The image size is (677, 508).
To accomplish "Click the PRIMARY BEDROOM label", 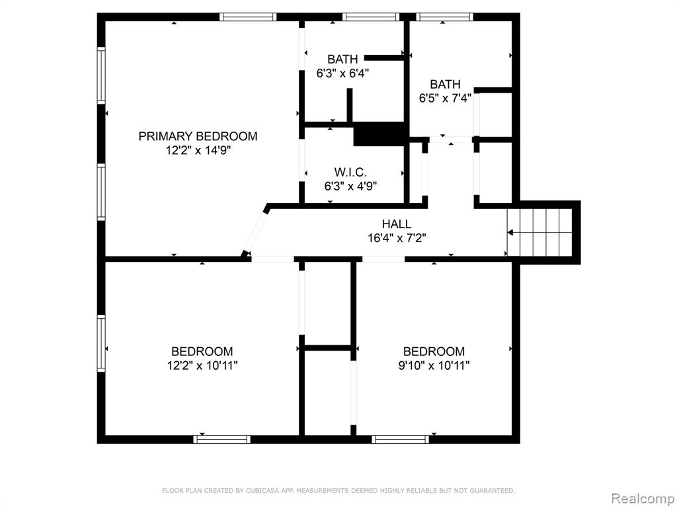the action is coord(198,136).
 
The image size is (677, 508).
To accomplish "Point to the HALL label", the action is coord(397,224).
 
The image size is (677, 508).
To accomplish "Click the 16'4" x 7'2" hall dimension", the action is coord(397,238).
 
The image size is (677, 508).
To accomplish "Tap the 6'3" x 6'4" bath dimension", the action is coord(342,73).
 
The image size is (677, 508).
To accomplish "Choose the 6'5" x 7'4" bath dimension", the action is coord(445,98).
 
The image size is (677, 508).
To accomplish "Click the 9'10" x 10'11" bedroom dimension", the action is coord(434,366).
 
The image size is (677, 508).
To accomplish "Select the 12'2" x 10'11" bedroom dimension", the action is coord(202,366).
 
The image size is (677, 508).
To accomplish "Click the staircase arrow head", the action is coord(510,232).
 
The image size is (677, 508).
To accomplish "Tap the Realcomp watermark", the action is coord(643,499).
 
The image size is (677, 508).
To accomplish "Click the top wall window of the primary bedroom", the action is coord(248,17).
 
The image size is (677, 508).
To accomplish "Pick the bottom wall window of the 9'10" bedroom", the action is coord(400,439).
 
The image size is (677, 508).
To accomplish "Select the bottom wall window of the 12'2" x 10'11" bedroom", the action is coord(221,439).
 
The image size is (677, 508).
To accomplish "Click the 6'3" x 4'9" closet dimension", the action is coord(350,187).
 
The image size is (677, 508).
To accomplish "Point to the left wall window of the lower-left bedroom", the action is coord(101,343).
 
